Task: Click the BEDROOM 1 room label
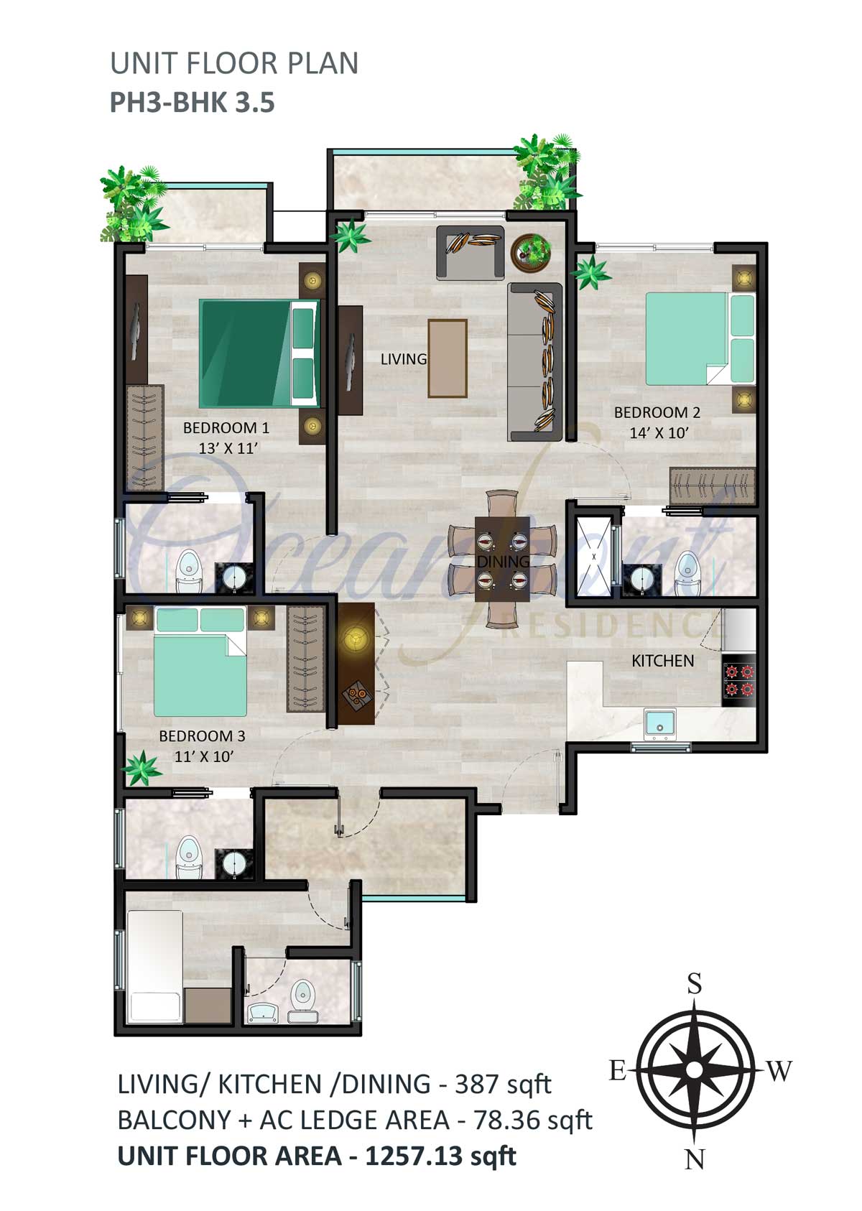226,427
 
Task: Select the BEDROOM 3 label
203,736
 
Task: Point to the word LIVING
404,359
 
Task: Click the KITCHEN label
662,661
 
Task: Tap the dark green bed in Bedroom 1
259,353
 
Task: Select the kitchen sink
659,723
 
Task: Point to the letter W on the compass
779,1070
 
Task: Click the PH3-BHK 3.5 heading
193,102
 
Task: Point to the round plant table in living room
532,252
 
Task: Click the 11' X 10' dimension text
203,756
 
